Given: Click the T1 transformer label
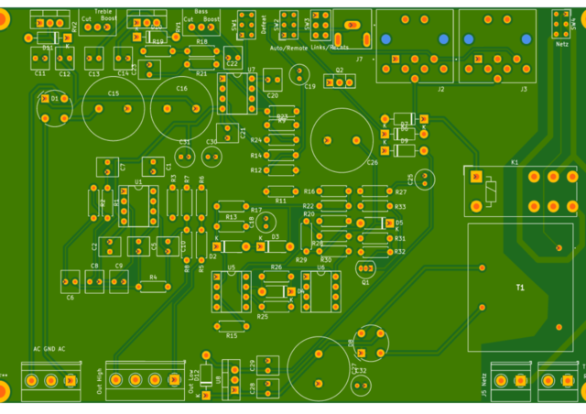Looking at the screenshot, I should pyautogui.click(x=520, y=288).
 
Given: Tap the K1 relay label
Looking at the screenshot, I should pyautogui.click(x=515, y=162).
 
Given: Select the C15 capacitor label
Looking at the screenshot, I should pyautogui.click(x=113, y=93).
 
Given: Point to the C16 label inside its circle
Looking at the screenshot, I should pyautogui.click(x=181, y=89).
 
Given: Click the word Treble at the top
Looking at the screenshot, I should pyautogui.click(x=103, y=11).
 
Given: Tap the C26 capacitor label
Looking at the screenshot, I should pyautogui.click(x=372, y=162).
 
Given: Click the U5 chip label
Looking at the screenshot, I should pyautogui.click(x=232, y=267).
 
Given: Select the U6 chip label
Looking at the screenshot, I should pyautogui.click(x=320, y=267).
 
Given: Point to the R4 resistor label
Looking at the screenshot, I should pyautogui.click(x=153, y=276).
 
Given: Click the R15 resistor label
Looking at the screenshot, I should pyautogui.click(x=232, y=336).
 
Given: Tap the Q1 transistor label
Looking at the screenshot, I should pyautogui.click(x=365, y=282).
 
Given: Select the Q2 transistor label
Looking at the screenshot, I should pyautogui.click(x=339, y=70).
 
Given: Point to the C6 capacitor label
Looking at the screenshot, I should pyautogui.click(x=70, y=298).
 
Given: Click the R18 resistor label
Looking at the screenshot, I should pyautogui.click(x=201, y=42).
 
